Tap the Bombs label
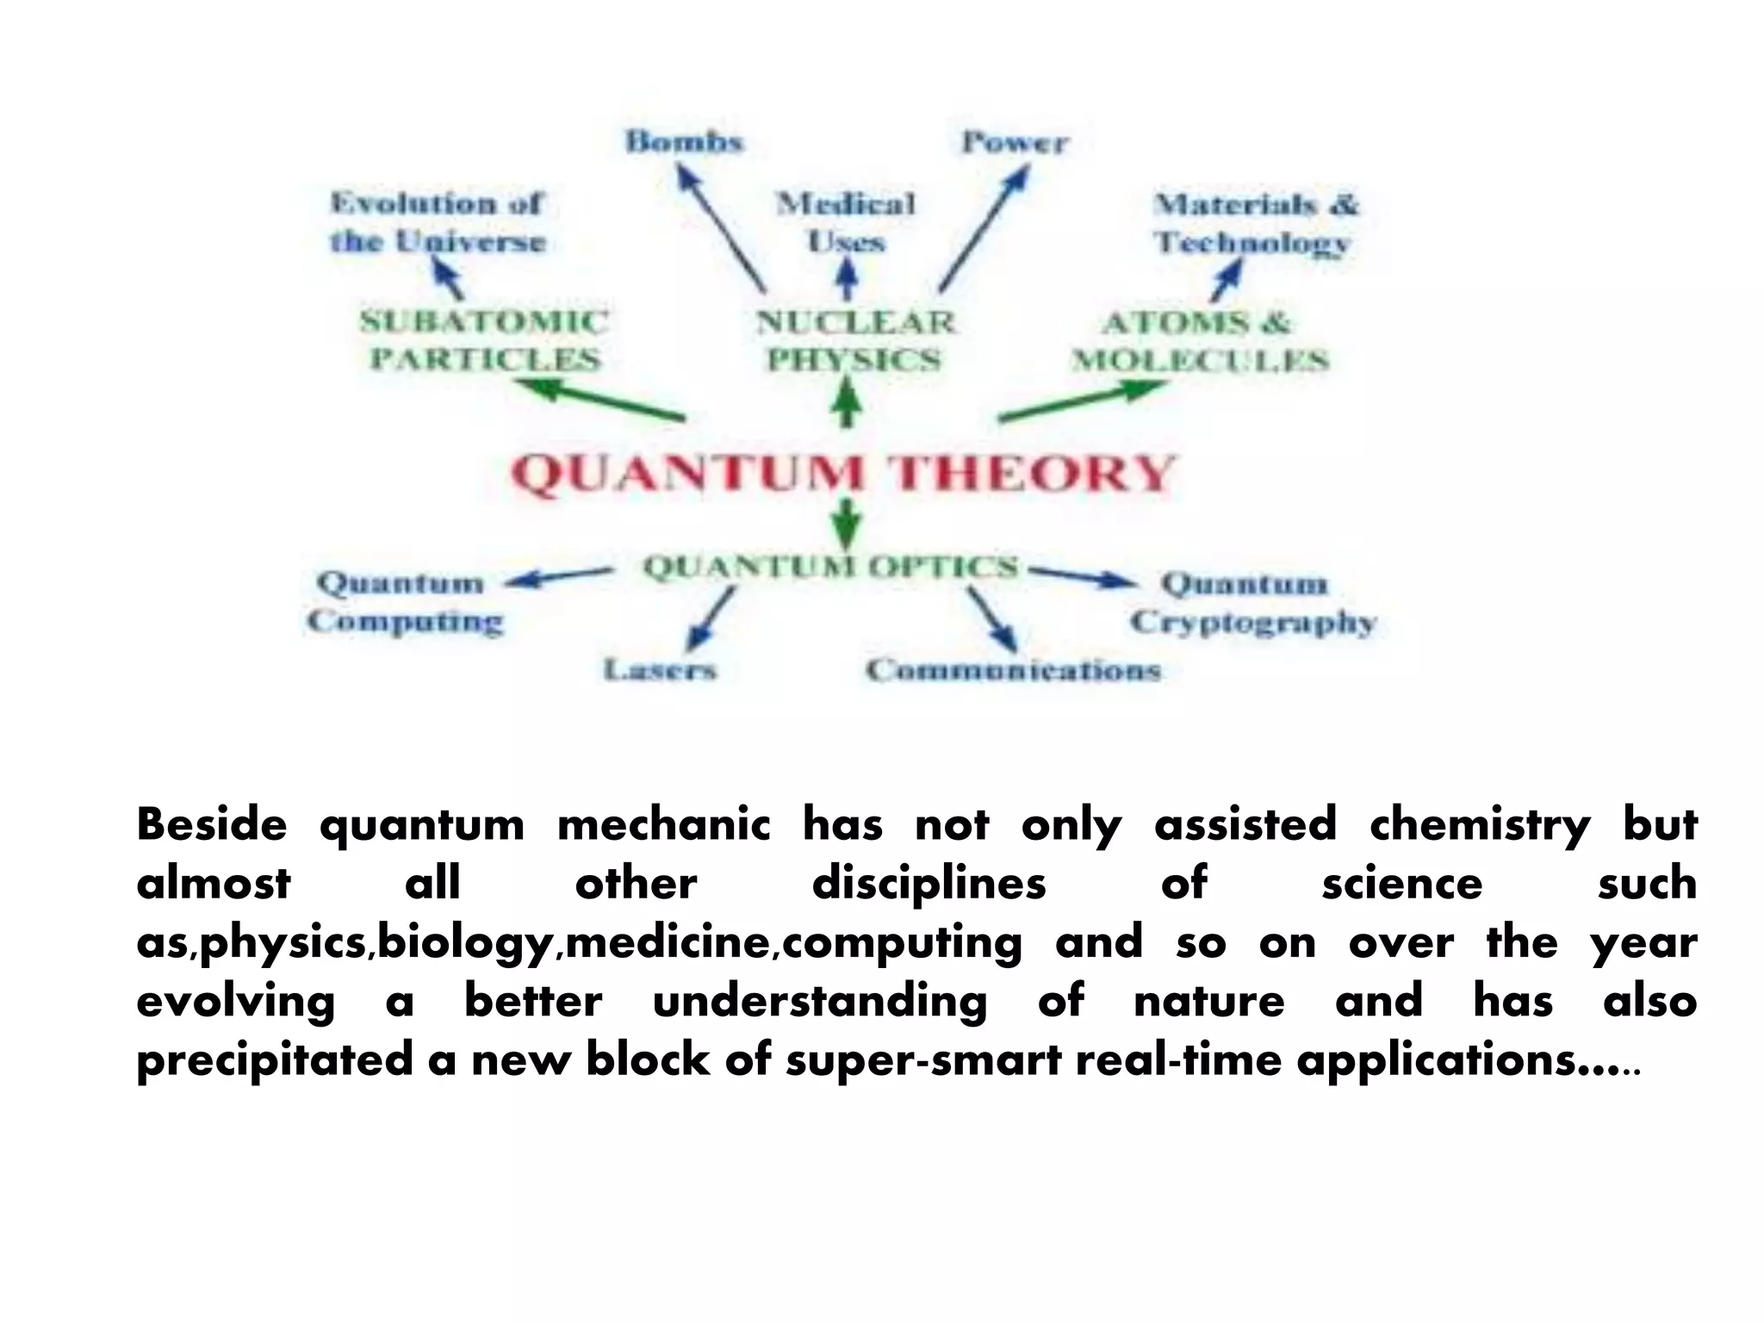coord(684,140)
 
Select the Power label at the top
coord(1015,142)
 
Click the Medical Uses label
coord(846,222)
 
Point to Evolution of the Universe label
coord(438,222)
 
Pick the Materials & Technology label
coord(1254,223)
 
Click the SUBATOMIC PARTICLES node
coord(484,340)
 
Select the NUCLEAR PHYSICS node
coord(855,340)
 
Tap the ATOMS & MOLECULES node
coord(1199,341)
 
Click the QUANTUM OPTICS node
coord(830,567)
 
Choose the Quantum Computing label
coord(403,601)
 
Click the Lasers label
coord(659,669)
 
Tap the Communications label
coord(1013,669)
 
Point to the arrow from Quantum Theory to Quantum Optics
coord(849,523)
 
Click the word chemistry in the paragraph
coord(1479,824)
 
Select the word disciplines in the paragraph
coord(929,883)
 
